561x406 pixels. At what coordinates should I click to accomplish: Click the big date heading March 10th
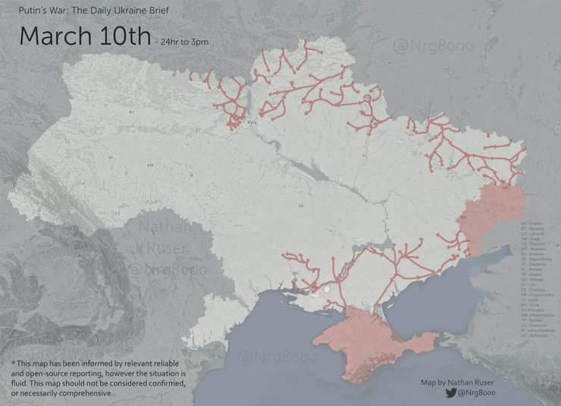[x=84, y=36]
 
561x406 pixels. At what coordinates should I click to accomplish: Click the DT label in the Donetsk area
[x=463, y=218]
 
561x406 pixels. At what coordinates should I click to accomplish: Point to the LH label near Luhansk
[x=505, y=184]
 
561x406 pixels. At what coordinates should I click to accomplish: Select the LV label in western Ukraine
[x=67, y=142]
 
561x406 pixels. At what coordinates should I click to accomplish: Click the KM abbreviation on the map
[x=151, y=165]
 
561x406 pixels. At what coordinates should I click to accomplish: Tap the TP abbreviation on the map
[x=111, y=158]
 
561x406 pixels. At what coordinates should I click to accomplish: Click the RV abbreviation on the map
[x=131, y=112]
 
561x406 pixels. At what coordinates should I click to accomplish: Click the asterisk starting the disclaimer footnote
[x=14, y=364]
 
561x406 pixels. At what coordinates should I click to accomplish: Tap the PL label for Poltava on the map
[x=365, y=156]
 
